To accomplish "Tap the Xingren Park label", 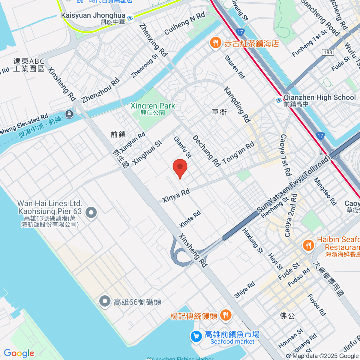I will coord(153,106).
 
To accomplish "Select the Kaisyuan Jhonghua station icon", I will coord(130,18).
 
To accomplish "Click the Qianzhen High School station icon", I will coord(279,100).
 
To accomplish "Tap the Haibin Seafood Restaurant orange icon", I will coord(308,245).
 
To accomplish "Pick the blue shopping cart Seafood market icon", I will coord(196,336).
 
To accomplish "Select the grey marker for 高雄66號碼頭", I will coord(105,301).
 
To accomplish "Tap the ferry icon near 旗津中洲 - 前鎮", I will coord(69,114).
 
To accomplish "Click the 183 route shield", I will coord(328,52).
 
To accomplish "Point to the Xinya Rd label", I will coord(176,195).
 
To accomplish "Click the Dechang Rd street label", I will coord(206,151).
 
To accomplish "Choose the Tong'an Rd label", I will coord(238,153).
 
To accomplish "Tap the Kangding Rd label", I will coord(237,105).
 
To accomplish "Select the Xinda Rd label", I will coord(190,219).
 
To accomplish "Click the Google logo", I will coord(19,353).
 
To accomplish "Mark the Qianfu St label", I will coord(182,147).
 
